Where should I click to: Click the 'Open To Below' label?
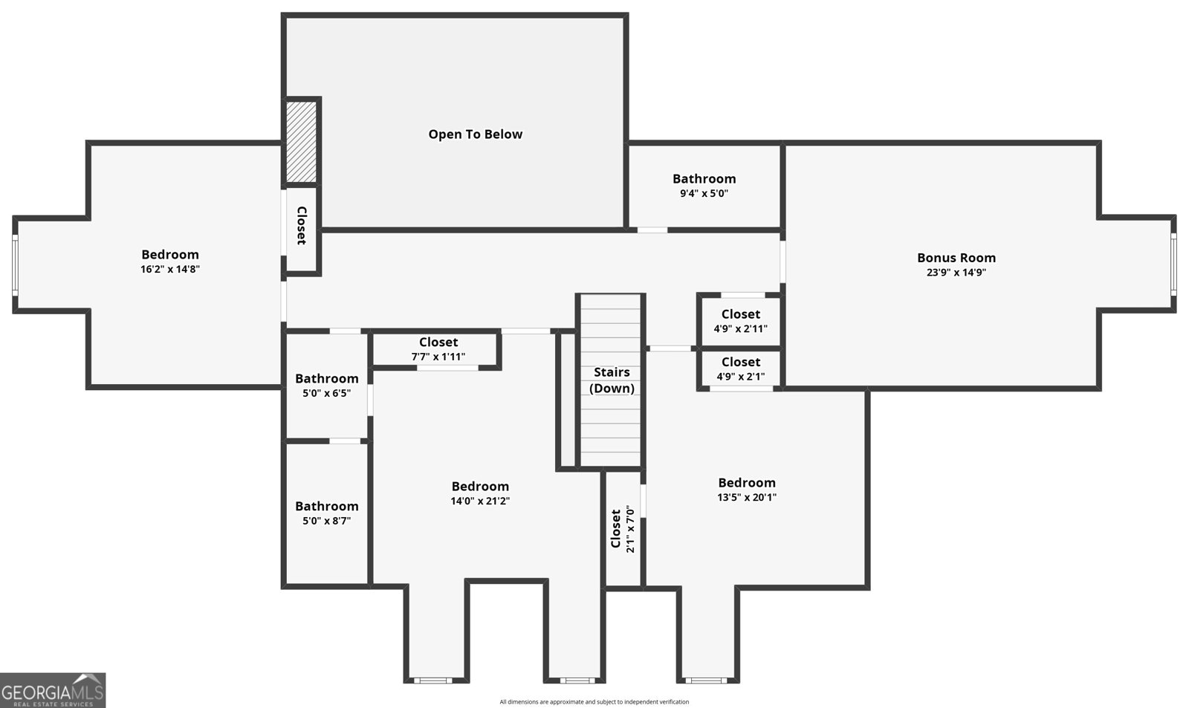(x=476, y=134)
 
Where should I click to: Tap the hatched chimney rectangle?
(x=302, y=141)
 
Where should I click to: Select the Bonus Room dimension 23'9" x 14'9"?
(x=956, y=273)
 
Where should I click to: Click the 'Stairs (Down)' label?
(x=612, y=380)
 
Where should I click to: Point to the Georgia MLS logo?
(x=53, y=690)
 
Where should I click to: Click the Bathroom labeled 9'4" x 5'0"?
(x=704, y=186)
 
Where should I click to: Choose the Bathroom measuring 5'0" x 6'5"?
(x=326, y=386)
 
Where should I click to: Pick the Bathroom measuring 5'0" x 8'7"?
(x=326, y=513)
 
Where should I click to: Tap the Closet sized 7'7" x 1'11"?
(x=438, y=349)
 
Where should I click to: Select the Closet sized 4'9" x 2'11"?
(x=740, y=321)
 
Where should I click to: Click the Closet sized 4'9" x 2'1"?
(x=740, y=368)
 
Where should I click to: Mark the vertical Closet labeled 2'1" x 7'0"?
(x=623, y=529)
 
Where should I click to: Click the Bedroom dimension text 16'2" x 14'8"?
(x=170, y=270)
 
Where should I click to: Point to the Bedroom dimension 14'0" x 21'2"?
(x=480, y=501)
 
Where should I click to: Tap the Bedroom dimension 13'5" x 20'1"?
(x=747, y=498)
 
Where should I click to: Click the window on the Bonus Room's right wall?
(x=1173, y=263)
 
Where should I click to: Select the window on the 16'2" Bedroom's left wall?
(x=15, y=265)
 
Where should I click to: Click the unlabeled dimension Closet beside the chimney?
(x=302, y=226)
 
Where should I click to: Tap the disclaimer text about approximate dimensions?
(x=594, y=702)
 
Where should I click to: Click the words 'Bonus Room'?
(x=956, y=258)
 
